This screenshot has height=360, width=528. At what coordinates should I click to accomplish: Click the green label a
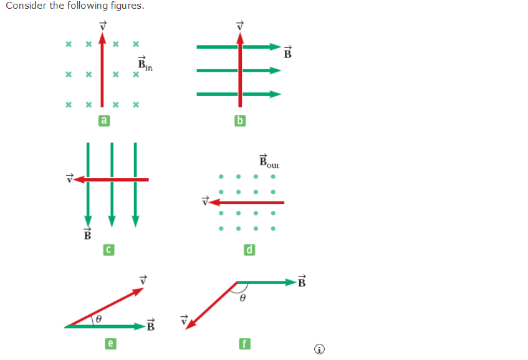104,121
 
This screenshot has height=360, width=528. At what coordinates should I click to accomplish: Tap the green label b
239,121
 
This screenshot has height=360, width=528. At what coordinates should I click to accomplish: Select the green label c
108,250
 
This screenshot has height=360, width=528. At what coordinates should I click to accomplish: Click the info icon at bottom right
320,349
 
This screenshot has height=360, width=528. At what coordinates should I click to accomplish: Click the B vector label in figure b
288,52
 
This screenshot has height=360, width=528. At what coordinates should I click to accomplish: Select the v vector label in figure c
70,178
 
